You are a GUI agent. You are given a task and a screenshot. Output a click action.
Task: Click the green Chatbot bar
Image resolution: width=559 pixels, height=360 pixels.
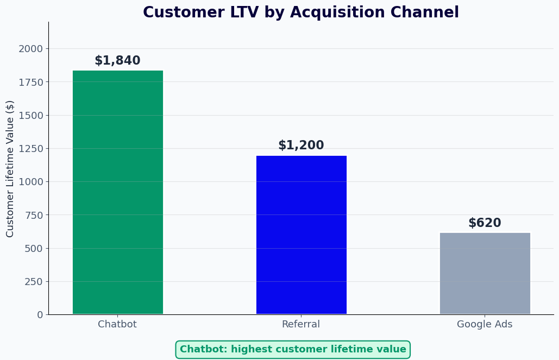[117, 192]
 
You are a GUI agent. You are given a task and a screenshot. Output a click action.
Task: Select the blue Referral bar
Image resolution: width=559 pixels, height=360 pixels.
[301, 235]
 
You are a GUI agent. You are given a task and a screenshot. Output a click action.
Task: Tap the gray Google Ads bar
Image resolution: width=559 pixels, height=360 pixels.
[485, 273]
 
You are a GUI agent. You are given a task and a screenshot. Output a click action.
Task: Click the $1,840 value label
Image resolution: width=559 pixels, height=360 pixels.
[117, 61]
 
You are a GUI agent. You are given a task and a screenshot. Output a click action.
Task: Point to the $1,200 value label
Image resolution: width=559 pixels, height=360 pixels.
[301, 146]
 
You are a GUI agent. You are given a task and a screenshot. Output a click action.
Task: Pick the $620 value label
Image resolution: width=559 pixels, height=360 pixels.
[485, 223]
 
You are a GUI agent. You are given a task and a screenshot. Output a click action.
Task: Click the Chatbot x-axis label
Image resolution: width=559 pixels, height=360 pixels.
[117, 325]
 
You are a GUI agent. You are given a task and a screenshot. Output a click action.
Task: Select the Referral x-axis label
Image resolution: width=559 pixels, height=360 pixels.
[301, 325]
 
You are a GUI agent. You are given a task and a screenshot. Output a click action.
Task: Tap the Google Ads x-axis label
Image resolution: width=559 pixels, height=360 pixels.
[485, 325]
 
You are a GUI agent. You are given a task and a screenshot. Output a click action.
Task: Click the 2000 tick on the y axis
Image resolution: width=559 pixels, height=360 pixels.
[30, 49]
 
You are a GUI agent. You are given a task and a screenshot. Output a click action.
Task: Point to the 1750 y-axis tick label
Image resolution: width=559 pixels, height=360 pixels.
[30, 82]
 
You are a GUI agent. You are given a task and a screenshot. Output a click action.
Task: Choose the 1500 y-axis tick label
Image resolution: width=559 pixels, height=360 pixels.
[30, 116]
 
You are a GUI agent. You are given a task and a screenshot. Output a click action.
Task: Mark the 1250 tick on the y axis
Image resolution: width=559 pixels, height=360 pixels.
[30, 149]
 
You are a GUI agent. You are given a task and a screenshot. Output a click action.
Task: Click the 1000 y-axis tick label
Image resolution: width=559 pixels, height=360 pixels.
[30, 182]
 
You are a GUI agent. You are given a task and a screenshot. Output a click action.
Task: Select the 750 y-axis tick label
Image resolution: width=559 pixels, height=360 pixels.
[33, 215]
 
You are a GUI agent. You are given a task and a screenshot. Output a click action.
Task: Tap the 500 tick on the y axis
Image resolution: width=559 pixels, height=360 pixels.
[33, 249]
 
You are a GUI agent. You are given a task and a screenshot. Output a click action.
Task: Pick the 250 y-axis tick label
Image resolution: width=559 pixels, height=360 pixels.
[33, 282]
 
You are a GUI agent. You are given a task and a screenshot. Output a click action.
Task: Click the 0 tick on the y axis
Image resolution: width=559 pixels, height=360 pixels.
[40, 315]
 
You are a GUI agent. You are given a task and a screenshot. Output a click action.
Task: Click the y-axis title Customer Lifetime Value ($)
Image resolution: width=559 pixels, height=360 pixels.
[10, 168]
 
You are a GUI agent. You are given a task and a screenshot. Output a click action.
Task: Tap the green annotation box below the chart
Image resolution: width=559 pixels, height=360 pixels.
[293, 350]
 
